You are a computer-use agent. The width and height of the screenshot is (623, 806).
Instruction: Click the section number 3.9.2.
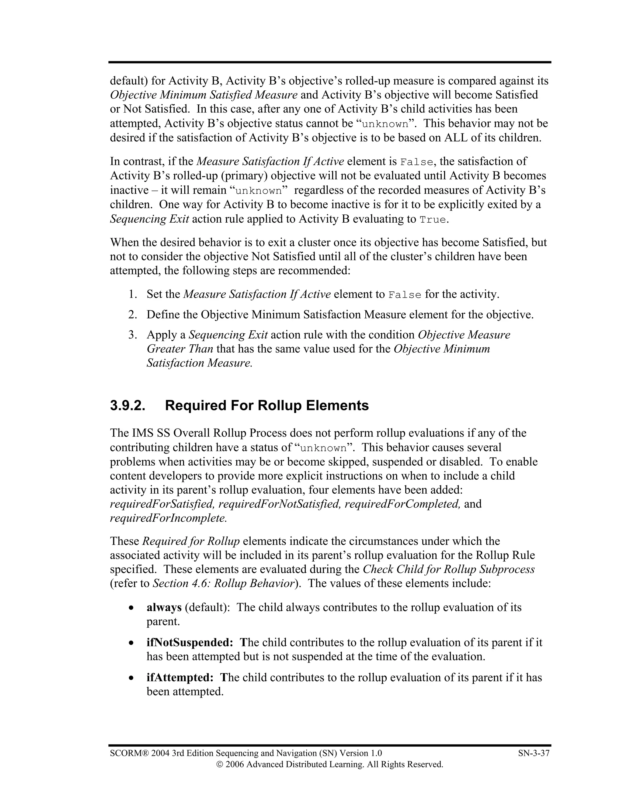(127, 405)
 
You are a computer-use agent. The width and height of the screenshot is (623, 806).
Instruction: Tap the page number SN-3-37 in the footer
(534, 753)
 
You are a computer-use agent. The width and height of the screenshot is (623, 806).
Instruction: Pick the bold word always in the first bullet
(164, 607)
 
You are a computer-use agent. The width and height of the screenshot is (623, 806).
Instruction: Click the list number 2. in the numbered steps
(133, 315)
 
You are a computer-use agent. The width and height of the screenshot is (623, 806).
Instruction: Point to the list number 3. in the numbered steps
(133, 335)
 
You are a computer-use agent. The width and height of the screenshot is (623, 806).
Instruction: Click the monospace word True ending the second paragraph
(433, 220)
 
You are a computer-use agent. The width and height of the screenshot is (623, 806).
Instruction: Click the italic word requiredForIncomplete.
(168, 518)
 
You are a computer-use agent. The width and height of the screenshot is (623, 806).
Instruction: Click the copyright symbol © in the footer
(220, 764)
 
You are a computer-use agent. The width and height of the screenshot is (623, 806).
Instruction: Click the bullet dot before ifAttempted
(131, 678)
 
